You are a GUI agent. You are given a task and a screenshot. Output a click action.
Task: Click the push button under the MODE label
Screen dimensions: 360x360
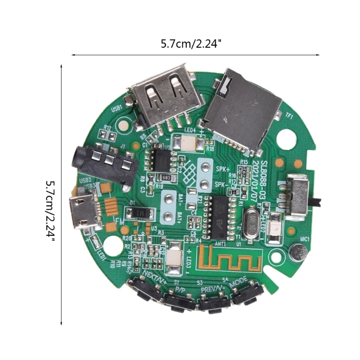[x=246, y=295]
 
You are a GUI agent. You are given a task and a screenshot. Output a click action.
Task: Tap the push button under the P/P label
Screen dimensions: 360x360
[x=180, y=301]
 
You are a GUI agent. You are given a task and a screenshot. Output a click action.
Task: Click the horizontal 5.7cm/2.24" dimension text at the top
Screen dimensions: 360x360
[x=191, y=44]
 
